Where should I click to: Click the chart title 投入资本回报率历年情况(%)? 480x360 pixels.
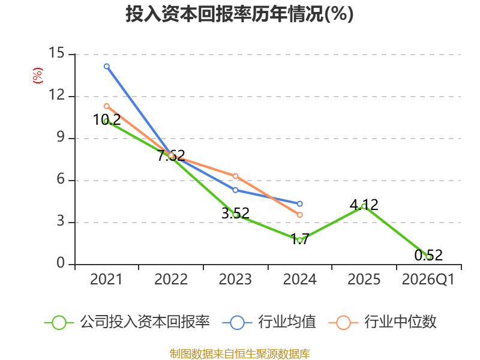[x=239, y=14]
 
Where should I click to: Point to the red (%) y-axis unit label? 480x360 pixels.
[x=38, y=76]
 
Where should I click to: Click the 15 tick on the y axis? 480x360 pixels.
[x=56, y=53]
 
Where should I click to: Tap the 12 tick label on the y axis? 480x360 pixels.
[x=56, y=95]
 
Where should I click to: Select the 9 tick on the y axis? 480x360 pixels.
[x=61, y=137]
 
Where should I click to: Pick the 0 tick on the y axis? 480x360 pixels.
[x=61, y=263]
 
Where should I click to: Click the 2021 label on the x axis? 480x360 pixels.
[x=106, y=279]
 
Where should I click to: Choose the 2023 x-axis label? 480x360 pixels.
[x=235, y=279]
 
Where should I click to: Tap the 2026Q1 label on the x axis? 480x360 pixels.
[x=428, y=279]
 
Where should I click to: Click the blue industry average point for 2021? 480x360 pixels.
[x=107, y=67]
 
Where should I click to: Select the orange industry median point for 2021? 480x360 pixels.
[x=107, y=106]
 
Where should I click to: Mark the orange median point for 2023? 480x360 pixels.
[x=235, y=176]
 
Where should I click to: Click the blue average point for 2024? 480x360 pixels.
[x=299, y=203]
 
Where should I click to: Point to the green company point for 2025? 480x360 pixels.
[x=364, y=206]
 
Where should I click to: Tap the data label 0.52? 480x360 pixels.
[x=428, y=256]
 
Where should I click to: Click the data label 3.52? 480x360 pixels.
[x=235, y=214]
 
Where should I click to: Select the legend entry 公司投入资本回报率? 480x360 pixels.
[x=127, y=322]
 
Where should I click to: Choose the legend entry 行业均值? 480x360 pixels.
[x=269, y=322]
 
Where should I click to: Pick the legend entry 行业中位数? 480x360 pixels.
[x=382, y=322]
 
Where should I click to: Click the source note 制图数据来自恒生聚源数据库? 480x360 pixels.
[x=239, y=354]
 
